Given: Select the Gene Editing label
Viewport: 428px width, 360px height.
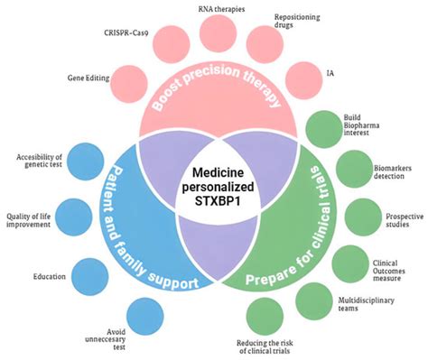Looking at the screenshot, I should tap(85, 78).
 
